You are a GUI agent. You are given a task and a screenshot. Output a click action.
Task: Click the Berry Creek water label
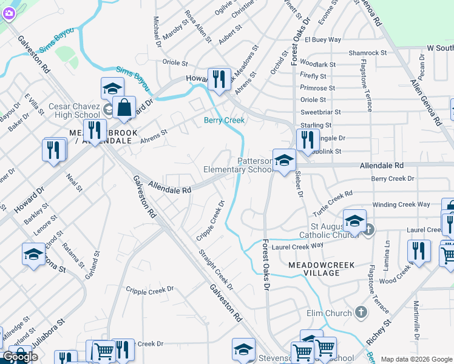tap(224, 120)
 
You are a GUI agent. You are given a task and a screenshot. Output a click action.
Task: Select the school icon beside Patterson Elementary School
tap(283, 161)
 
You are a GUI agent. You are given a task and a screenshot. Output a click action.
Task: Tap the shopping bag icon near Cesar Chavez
tap(124, 107)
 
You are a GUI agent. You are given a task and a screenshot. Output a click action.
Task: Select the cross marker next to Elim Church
tap(361, 312)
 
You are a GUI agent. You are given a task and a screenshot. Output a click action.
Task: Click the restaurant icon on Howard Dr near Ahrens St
tap(219, 79)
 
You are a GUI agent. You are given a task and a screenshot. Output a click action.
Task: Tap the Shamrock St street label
tap(368, 53)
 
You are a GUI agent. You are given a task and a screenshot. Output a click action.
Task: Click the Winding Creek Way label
tap(401, 204)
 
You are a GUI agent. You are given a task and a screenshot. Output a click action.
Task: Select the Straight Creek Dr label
tap(215, 268)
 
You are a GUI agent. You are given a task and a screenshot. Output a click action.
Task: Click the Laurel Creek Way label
tap(297, 246)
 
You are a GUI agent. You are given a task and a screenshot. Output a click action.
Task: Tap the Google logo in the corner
tap(21, 357)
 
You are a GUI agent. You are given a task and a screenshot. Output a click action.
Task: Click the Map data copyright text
tap(417, 359)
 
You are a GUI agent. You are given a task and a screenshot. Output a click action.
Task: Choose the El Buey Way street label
tap(323, 40)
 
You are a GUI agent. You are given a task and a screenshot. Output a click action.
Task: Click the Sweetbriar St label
tap(320, 112)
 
